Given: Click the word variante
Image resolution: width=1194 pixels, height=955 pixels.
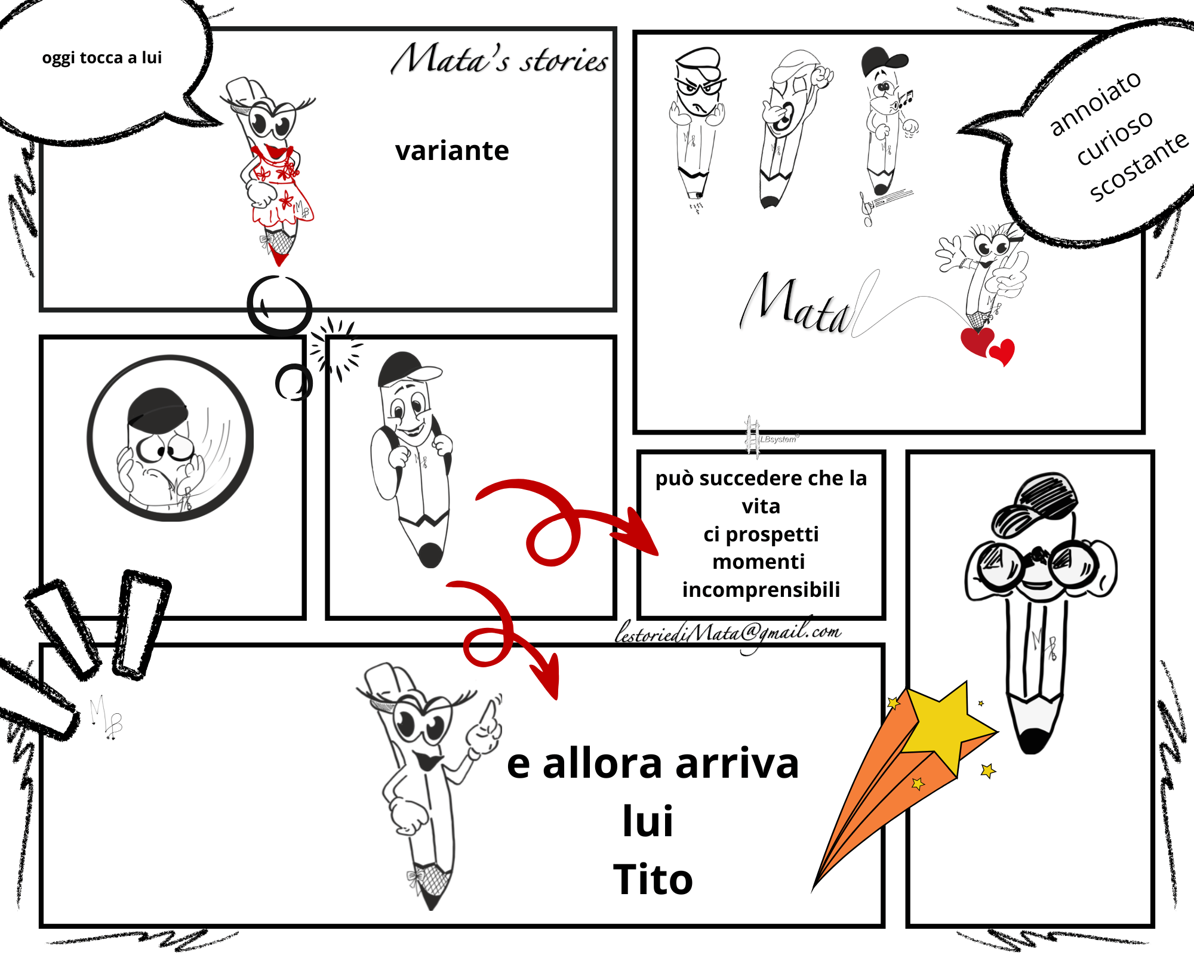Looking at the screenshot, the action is pos(452,150).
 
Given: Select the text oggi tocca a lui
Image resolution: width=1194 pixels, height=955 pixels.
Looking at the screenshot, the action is pos(102,58).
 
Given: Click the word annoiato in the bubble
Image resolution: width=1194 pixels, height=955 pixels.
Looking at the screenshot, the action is pos(1095,103).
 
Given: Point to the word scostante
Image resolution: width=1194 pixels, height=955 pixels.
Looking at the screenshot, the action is pos(1139,166).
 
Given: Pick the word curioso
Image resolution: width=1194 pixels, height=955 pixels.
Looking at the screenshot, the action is pos(1115,137).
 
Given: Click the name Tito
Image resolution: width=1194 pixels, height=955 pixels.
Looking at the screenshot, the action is pos(653,879).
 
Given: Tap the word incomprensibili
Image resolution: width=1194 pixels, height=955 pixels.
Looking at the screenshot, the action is pos(761,590).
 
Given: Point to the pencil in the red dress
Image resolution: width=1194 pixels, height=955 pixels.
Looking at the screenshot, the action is pos(272,170).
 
